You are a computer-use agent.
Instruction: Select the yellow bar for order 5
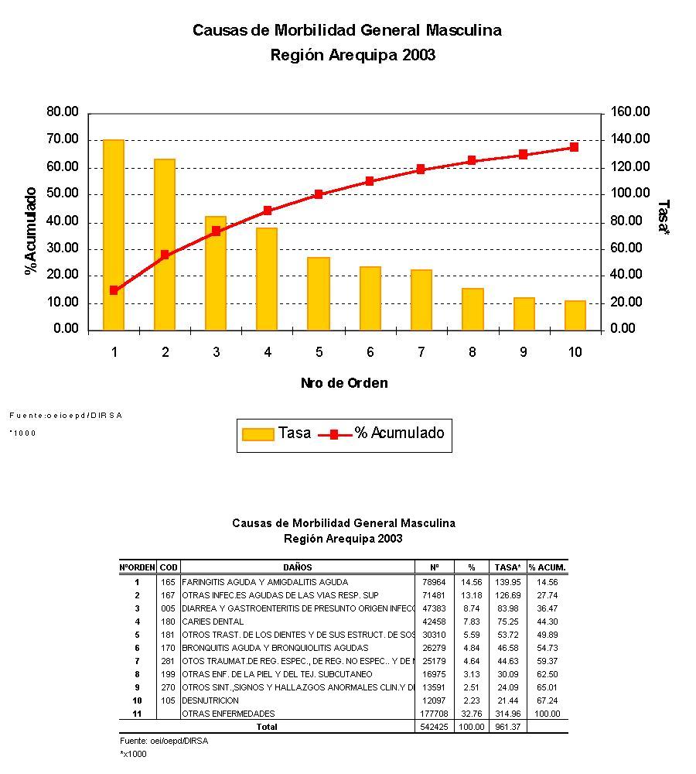click(318, 293)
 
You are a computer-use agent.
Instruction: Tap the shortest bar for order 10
click(575, 315)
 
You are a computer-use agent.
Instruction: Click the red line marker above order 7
click(421, 169)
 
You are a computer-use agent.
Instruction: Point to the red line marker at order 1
click(114, 290)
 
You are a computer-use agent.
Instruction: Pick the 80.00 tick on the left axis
click(63, 112)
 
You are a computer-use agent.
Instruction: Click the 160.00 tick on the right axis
click(630, 112)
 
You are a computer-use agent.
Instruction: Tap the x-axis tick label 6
click(370, 352)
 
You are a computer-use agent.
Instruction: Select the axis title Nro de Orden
click(344, 383)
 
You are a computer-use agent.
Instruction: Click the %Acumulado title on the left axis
click(31, 231)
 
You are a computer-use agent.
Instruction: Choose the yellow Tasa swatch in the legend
click(258, 433)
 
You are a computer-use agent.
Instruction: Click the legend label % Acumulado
click(400, 433)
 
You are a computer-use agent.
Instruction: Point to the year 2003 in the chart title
click(418, 55)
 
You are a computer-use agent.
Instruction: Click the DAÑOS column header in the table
click(298, 567)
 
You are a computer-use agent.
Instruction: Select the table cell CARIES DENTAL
click(213, 622)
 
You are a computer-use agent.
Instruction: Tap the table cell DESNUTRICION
click(210, 700)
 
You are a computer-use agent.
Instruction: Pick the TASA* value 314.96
click(507, 714)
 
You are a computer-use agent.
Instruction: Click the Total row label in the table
click(266, 727)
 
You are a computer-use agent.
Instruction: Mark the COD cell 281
click(168, 661)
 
